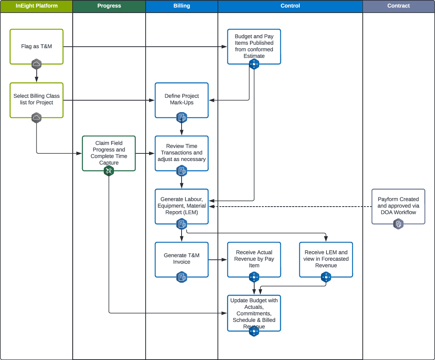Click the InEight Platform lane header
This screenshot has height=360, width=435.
36,6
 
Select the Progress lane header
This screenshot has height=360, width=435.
109,6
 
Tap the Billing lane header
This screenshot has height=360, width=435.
182,6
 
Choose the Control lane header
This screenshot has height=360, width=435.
290,6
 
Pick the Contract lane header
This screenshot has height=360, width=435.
398,6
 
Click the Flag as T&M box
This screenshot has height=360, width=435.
36,46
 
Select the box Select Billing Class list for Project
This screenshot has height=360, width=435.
36,99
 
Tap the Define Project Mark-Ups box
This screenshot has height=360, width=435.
182,99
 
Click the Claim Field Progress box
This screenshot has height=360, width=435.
109,153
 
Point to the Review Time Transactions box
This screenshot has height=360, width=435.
182,153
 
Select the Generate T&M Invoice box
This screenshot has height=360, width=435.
182,259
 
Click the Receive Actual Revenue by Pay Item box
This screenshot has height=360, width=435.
254,259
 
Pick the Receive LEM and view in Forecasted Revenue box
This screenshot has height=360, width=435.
326,259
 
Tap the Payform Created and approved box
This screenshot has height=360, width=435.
398,206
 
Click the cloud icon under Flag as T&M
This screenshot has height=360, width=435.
36,64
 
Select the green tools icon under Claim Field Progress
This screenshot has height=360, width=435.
109,171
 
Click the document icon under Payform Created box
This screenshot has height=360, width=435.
398,224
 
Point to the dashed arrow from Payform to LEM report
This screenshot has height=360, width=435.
291,207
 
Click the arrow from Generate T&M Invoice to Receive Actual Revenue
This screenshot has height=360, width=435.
218,260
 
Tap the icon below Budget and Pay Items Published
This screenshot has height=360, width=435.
254,64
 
